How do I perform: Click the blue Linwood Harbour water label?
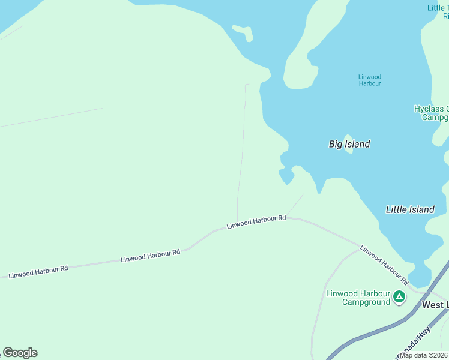pos(369,80)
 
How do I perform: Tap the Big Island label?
pos(349,144)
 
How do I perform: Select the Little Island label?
pos(410,209)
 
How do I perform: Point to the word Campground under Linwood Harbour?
pos(366,302)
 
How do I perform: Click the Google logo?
pos(20,353)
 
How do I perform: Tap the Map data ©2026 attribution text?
pos(424,355)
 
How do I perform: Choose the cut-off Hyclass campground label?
pos(432,113)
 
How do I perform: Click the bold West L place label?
pos(435,305)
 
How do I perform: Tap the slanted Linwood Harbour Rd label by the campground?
pos(384,265)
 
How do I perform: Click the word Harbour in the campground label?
pos(375,293)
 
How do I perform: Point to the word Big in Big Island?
pos(336,144)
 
